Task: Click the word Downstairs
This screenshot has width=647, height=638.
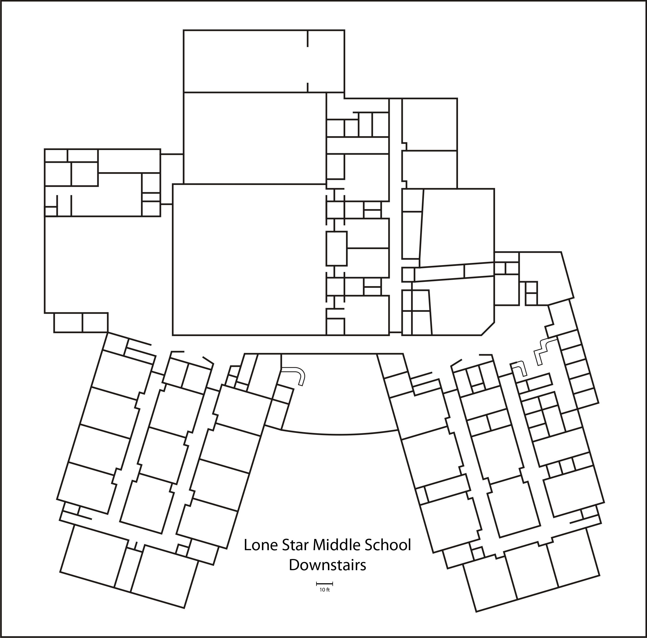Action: pyautogui.click(x=327, y=565)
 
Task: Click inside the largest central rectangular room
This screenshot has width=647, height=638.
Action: pyautogui.click(x=249, y=259)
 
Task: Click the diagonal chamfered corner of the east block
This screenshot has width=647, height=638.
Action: pyautogui.click(x=488, y=329)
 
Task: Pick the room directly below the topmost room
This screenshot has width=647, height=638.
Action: pyautogui.click(x=255, y=138)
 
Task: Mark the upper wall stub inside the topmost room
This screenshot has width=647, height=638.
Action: pyautogui.click(x=308, y=38)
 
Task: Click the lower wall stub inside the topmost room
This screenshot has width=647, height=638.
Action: pyautogui.click(x=308, y=87)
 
